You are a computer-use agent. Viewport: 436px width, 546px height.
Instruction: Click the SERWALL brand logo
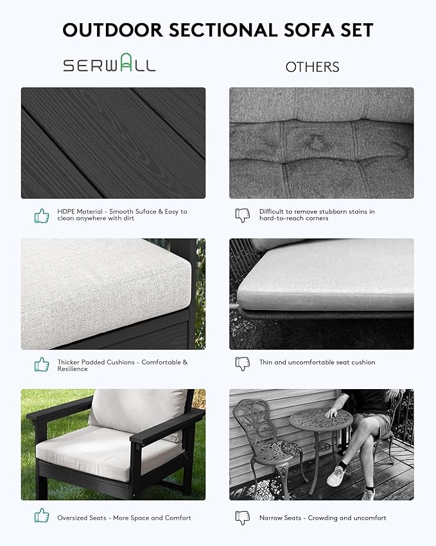pyautogui.click(x=109, y=65)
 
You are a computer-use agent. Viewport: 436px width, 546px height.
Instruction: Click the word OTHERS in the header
pyautogui.click(x=312, y=67)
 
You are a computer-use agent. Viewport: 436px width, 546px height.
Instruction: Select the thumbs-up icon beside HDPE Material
pyautogui.click(x=42, y=215)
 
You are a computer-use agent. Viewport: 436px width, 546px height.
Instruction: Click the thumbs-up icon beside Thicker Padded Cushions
pyautogui.click(x=42, y=365)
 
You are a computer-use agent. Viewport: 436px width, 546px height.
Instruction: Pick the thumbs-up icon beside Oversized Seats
pyautogui.click(x=42, y=515)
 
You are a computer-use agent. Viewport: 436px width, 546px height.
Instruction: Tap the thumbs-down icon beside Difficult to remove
pyautogui.click(x=242, y=215)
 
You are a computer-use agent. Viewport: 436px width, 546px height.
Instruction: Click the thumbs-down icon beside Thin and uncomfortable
pyautogui.click(x=242, y=363)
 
